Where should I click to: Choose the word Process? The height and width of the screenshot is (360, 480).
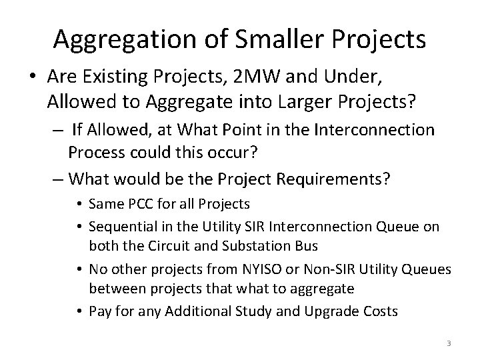click(x=96, y=153)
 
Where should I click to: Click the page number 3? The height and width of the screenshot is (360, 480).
click(x=449, y=343)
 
